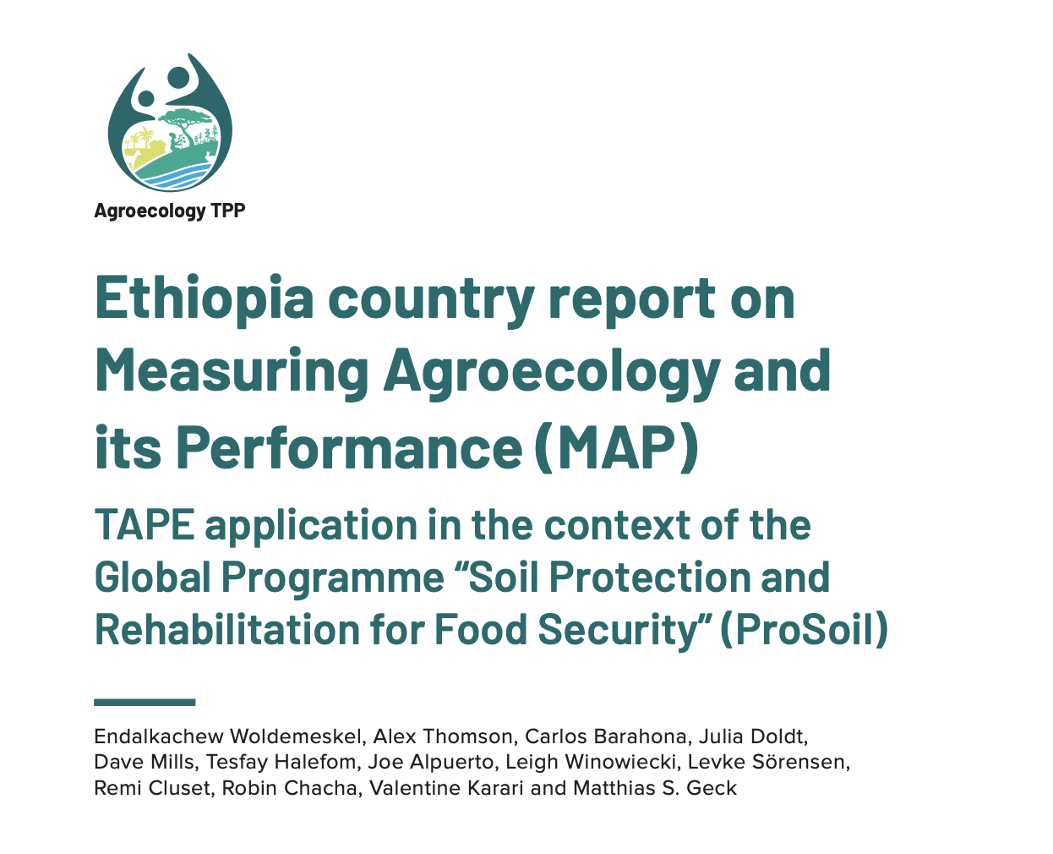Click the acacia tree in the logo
(x=185, y=122)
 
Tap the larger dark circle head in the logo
(x=178, y=78)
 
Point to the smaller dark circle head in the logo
(x=146, y=98)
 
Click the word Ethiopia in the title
(x=204, y=299)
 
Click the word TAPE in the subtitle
(x=145, y=525)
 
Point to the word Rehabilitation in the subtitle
(x=227, y=629)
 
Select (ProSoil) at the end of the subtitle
(x=805, y=630)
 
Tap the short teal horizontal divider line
(x=145, y=702)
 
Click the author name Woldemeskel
(x=297, y=736)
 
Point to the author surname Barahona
(x=641, y=736)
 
